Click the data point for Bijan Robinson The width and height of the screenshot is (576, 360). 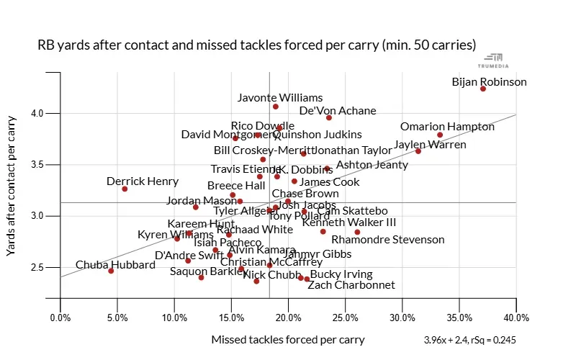coord(483,89)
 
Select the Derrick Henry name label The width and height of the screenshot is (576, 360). coord(143,181)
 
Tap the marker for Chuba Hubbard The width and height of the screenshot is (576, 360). coord(111,271)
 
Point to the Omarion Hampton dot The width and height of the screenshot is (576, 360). coord(440,135)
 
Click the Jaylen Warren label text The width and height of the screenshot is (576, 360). coord(430,145)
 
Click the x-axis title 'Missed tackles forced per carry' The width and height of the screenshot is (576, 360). coord(288,340)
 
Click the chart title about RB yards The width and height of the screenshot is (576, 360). coord(256,45)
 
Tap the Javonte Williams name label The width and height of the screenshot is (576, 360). coord(280,98)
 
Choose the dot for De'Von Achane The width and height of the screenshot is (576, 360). coord(329,117)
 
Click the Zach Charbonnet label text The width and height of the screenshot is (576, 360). coord(351,285)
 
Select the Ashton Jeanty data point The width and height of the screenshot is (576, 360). coord(327,168)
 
